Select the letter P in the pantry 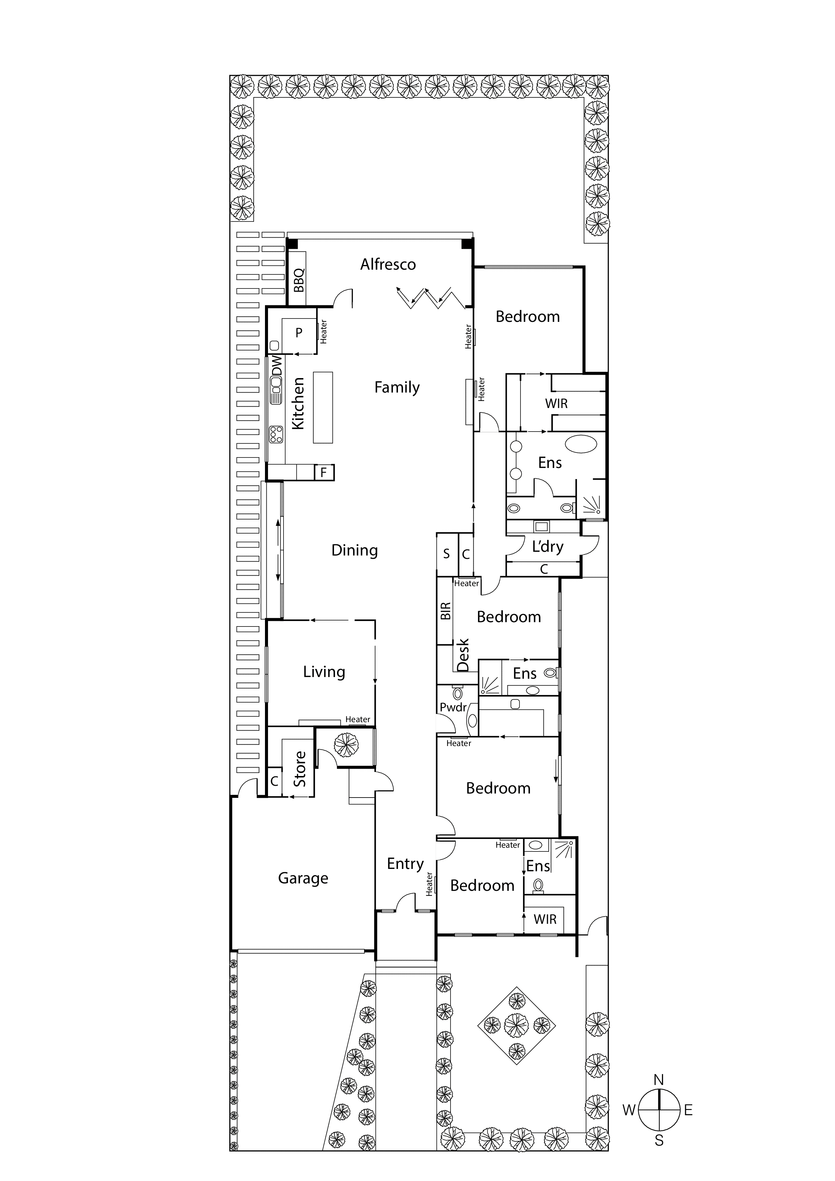(x=299, y=333)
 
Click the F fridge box (x=324, y=472)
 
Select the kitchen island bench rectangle (x=323, y=407)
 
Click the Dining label (x=355, y=550)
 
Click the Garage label (x=303, y=878)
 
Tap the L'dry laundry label (x=547, y=546)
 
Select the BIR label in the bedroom (x=445, y=611)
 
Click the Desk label (x=463, y=655)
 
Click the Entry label (x=405, y=864)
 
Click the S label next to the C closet (x=446, y=554)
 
